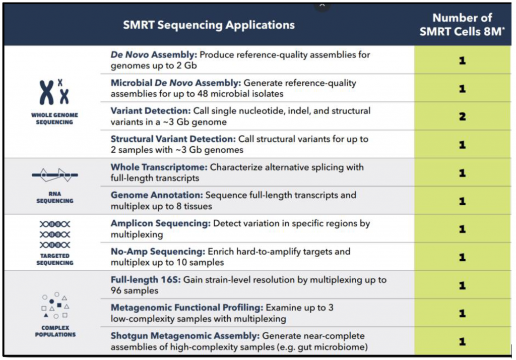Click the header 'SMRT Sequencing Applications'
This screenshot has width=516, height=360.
209,25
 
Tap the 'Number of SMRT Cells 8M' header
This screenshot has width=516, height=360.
462,25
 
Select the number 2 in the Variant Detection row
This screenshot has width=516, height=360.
463,116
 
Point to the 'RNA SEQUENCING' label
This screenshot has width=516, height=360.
54,197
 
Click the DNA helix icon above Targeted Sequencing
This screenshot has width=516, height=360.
54,234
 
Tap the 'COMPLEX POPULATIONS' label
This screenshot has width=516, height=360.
55,331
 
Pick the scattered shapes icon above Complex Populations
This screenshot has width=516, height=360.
55,306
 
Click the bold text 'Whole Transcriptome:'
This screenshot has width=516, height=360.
159,167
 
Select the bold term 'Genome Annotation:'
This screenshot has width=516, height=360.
157,195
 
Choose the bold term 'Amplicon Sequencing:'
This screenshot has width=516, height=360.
161,223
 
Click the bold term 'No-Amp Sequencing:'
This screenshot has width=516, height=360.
158,252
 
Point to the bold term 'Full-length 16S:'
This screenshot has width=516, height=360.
146,280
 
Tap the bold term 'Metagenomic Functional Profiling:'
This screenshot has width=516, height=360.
187,308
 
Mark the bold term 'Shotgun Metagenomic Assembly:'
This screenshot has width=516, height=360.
185,336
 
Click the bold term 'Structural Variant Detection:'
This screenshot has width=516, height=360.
173,139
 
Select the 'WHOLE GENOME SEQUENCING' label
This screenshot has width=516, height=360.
54,118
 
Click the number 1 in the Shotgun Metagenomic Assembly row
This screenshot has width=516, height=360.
463,341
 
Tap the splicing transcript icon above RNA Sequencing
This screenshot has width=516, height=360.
54,175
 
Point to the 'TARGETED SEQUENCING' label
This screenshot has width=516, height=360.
55,259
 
